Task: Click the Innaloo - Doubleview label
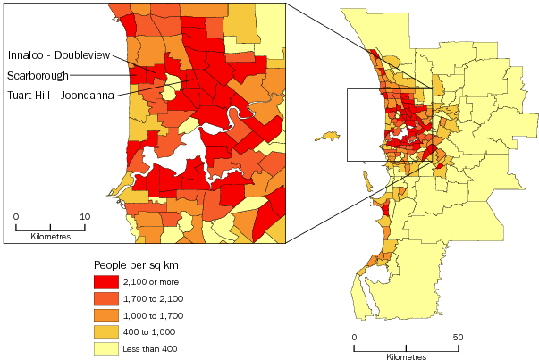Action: point(65,55)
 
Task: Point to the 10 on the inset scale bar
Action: point(85,216)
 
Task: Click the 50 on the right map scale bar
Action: point(459,336)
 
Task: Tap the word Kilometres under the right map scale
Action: point(407,356)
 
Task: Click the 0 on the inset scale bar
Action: point(17,216)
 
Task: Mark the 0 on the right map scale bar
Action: point(354,336)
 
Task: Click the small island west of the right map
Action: point(327,137)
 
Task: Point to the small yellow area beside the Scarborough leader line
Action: point(168,90)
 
